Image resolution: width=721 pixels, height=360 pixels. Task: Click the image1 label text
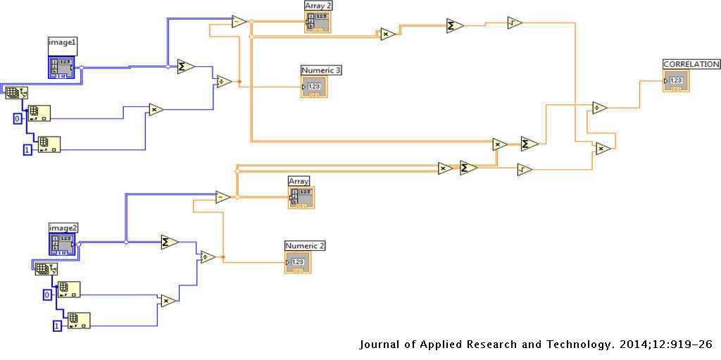point(62,42)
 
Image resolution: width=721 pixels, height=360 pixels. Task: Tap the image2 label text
point(63,227)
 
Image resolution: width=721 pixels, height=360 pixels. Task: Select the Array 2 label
point(318,6)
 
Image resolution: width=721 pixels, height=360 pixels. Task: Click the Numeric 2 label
point(305,245)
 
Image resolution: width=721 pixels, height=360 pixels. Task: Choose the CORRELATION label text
point(691,64)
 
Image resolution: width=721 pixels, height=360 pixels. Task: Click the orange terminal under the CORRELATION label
point(675,81)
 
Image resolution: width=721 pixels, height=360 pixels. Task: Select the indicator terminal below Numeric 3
point(314,87)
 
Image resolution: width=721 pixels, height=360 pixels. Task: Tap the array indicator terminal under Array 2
point(318,22)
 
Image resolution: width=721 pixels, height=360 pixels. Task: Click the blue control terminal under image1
point(62,66)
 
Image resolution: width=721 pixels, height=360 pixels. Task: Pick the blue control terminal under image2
point(63,244)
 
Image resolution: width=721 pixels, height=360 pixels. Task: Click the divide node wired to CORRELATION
point(599,108)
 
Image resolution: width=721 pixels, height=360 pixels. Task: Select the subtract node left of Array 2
point(239,22)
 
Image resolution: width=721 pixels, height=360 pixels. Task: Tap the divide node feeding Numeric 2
point(208,257)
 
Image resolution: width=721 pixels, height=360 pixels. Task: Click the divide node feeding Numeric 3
point(224,81)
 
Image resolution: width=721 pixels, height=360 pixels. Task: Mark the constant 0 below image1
point(18,118)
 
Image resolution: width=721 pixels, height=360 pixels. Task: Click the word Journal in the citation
point(380,345)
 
